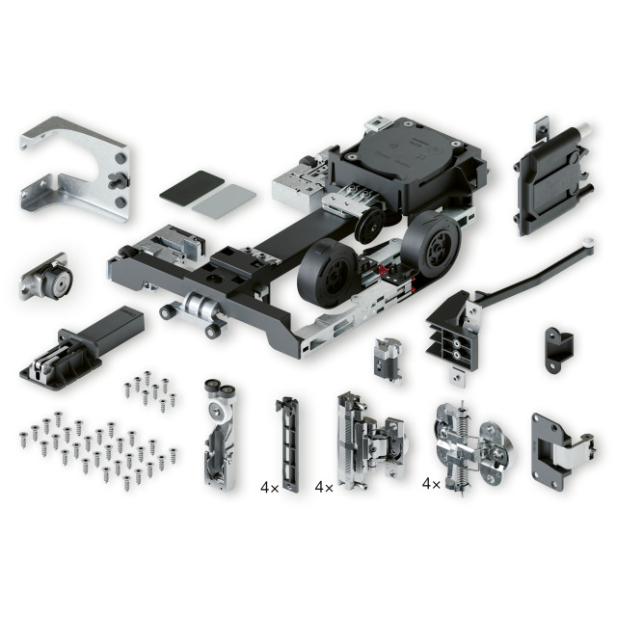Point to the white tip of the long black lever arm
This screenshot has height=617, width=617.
pos(589,242)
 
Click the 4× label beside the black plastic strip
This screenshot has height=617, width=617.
pos(270,488)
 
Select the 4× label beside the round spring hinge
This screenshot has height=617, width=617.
pos(431,484)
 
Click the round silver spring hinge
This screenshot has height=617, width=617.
pos(474,448)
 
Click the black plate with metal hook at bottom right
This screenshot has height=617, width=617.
pos(561,452)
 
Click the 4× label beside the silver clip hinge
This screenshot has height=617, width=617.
pos(324,488)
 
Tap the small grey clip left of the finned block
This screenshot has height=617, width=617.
pos(388,360)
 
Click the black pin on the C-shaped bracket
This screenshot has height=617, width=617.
pos(118,179)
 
